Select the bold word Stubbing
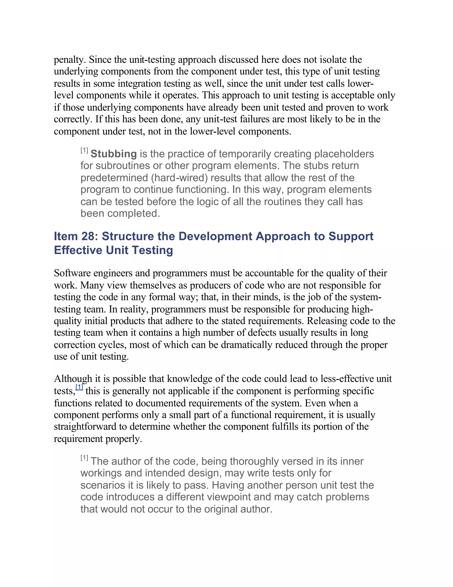pyautogui.click(x=114, y=154)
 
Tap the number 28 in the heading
pyautogui.click(x=87, y=236)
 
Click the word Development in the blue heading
pyautogui.click(x=215, y=236)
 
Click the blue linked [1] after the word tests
pyautogui.click(x=79, y=387)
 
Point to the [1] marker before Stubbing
pyautogui.click(x=84, y=150)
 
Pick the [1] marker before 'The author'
pyautogui.click(x=84, y=458)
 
